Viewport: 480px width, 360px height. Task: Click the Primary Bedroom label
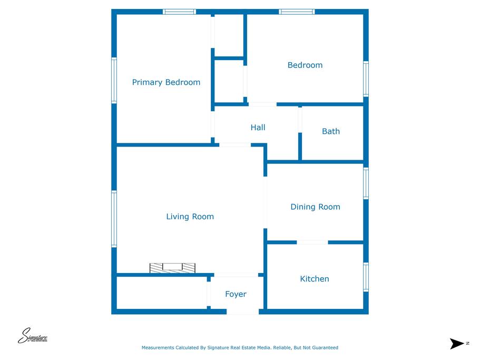click(166, 82)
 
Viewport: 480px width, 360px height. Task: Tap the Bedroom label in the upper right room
click(305, 65)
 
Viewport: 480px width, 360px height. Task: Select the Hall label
click(258, 128)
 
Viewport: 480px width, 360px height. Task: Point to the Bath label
click(331, 131)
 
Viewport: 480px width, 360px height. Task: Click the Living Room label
click(190, 217)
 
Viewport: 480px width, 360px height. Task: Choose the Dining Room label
click(315, 207)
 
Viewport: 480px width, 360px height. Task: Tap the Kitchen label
click(315, 279)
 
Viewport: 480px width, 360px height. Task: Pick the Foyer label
click(236, 294)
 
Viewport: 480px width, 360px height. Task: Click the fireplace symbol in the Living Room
click(172, 268)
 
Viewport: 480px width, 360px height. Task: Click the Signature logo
click(33, 336)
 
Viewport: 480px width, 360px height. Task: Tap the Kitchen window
click(366, 277)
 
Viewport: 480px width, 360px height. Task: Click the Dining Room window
click(366, 183)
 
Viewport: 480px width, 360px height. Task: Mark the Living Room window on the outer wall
click(114, 219)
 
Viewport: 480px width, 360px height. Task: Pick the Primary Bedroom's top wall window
click(179, 12)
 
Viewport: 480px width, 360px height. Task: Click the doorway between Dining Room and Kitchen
click(312, 242)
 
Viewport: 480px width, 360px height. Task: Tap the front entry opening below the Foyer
click(242, 312)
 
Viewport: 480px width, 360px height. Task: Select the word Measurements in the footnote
click(158, 348)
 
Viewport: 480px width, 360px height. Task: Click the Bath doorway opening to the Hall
click(300, 120)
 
